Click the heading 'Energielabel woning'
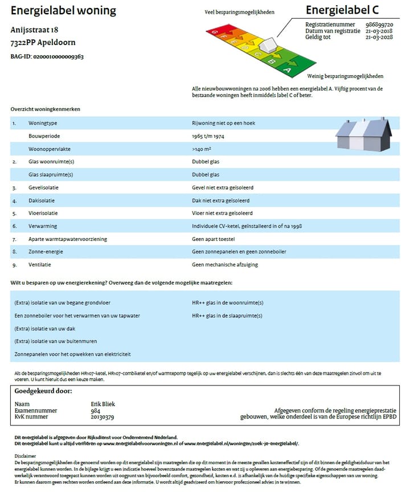coord(63,11)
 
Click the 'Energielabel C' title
coord(342,10)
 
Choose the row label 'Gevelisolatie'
coord(44,187)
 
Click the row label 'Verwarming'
coord(42,226)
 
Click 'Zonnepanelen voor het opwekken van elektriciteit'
coord(72,354)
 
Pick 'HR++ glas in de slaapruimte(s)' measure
coord(227,315)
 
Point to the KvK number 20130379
coord(102,417)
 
